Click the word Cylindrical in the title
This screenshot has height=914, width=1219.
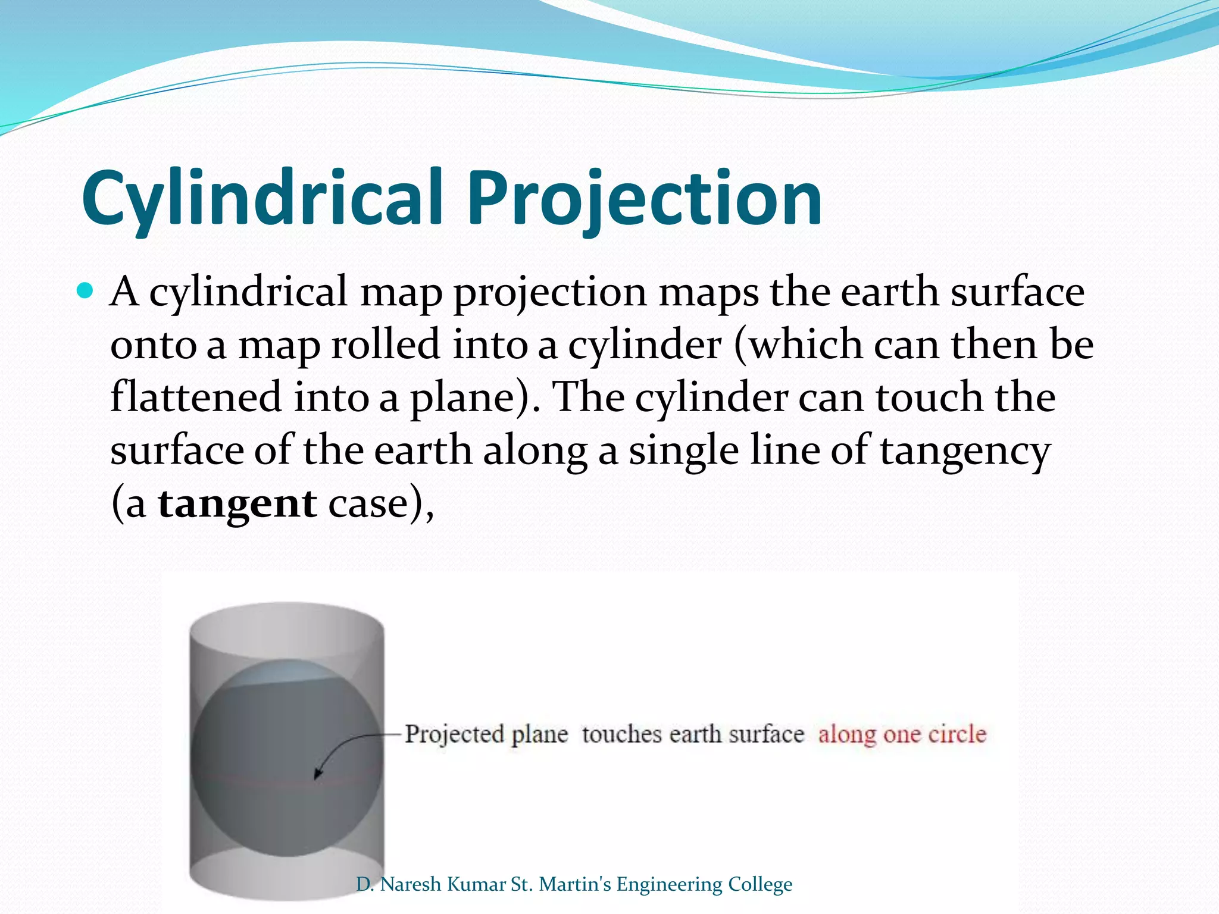[x=262, y=198]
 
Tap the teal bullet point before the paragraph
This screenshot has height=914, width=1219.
[x=86, y=291]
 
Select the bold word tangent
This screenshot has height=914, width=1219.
[x=237, y=503]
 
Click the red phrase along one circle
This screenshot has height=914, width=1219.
[x=902, y=734]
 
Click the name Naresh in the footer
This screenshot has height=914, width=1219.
[x=412, y=884]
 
